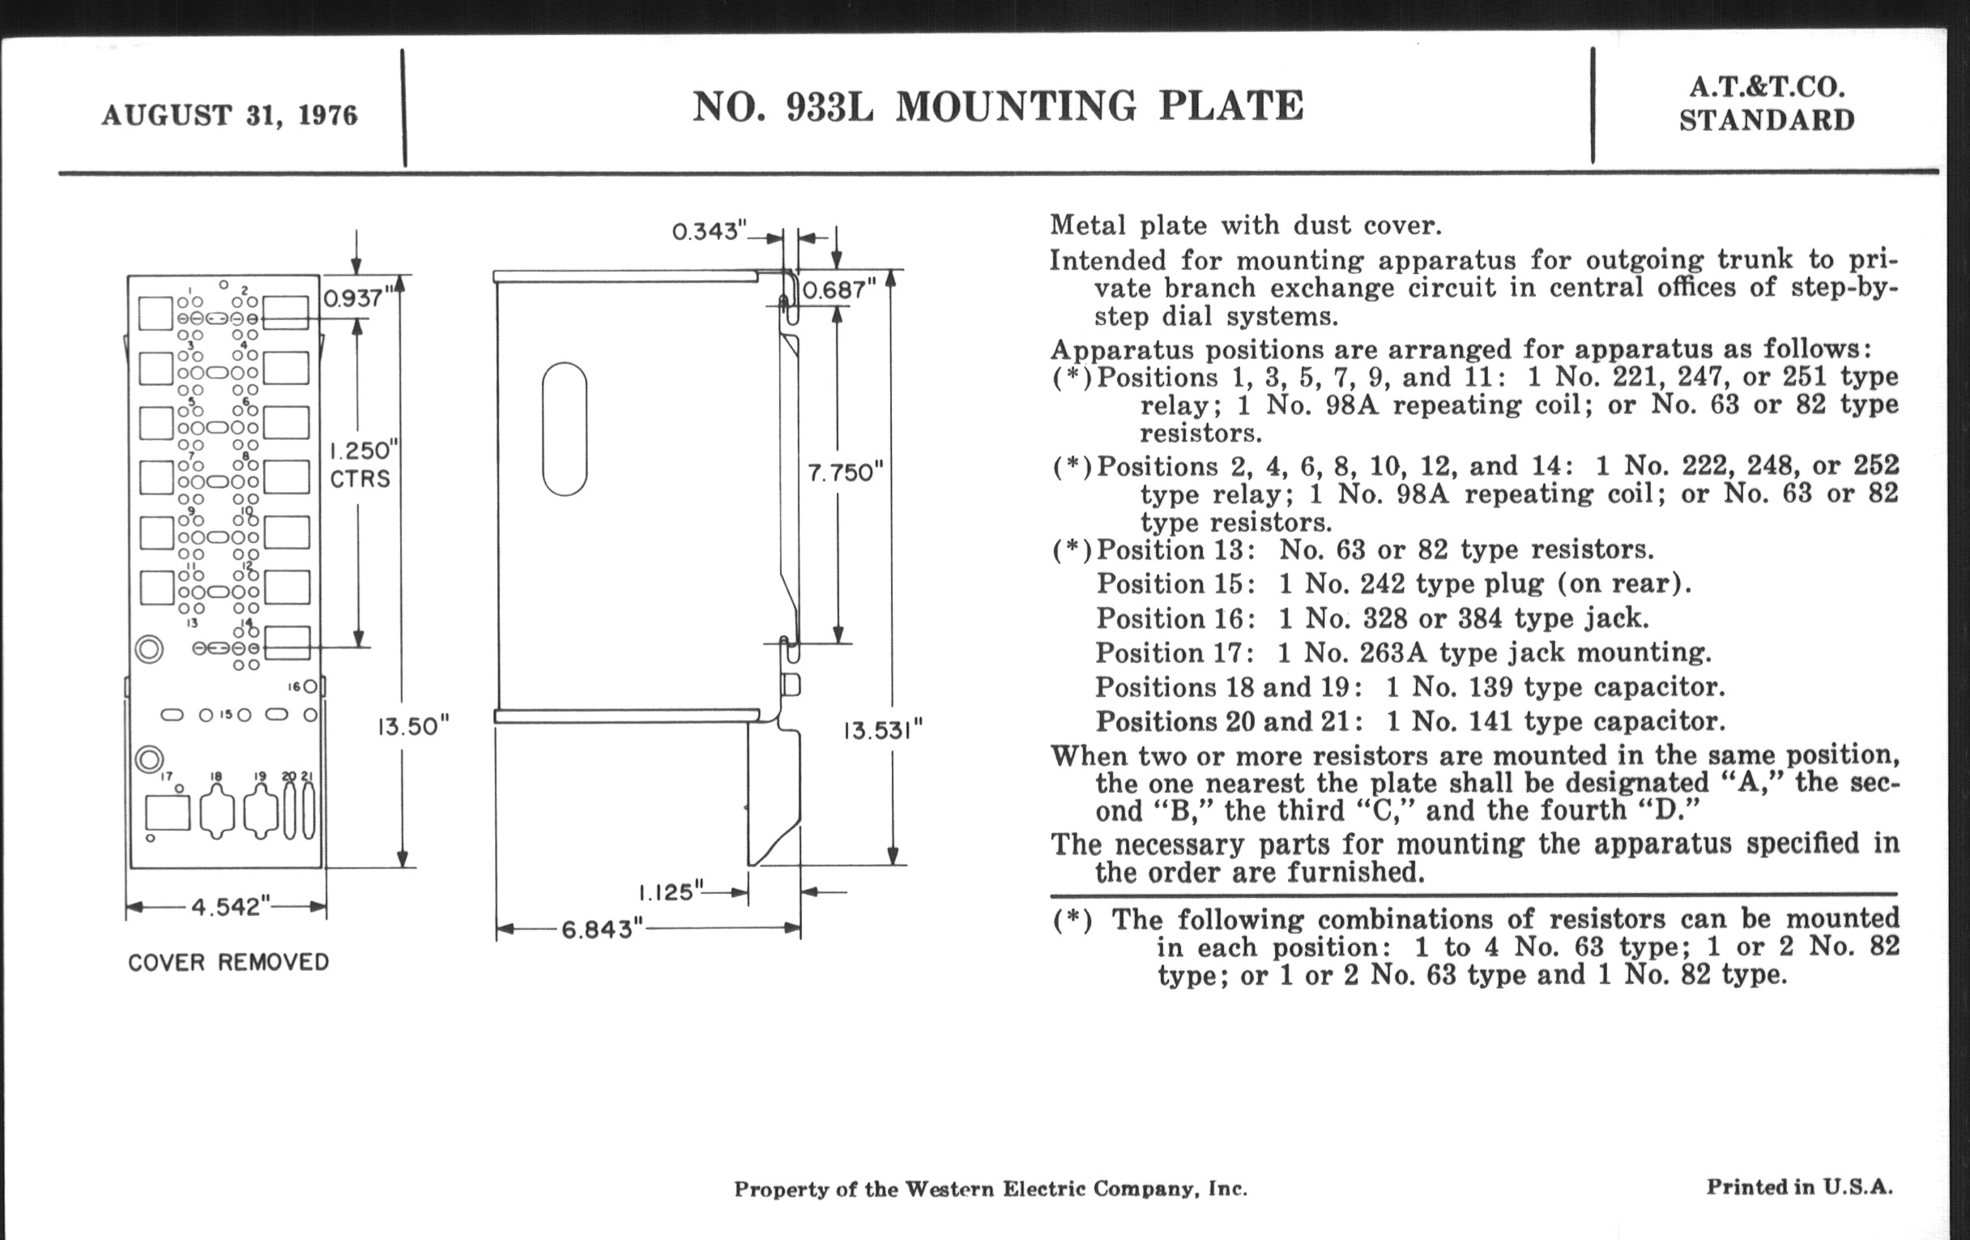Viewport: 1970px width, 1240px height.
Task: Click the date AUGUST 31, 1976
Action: (x=230, y=114)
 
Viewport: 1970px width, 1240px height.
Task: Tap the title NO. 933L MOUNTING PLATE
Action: (x=997, y=106)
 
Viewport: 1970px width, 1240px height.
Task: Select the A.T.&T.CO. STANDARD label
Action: (x=1767, y=104)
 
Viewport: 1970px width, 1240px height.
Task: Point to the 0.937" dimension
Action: (x=354, y=297)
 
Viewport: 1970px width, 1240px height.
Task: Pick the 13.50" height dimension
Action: (x=413, y=726)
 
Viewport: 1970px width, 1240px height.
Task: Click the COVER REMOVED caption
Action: (x=228, y=962)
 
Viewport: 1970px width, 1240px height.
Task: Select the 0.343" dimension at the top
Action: (x=710, y=232)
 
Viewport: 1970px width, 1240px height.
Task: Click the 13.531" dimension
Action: (x=883, y=729)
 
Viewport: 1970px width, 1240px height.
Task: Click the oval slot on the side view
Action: (x=565, y=429)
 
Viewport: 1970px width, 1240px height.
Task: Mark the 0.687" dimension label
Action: (x=838, y=291)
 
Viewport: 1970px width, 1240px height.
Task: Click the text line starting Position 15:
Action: (x=1393, y=584)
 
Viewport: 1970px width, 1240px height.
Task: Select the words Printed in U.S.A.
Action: (x=1799, y=1187)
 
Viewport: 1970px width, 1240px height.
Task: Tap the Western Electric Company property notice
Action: (x=990, y=1189)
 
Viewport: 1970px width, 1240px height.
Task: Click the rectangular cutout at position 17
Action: (x=168, y=813)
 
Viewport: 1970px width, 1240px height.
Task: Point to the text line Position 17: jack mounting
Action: (x=1403, y=652)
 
